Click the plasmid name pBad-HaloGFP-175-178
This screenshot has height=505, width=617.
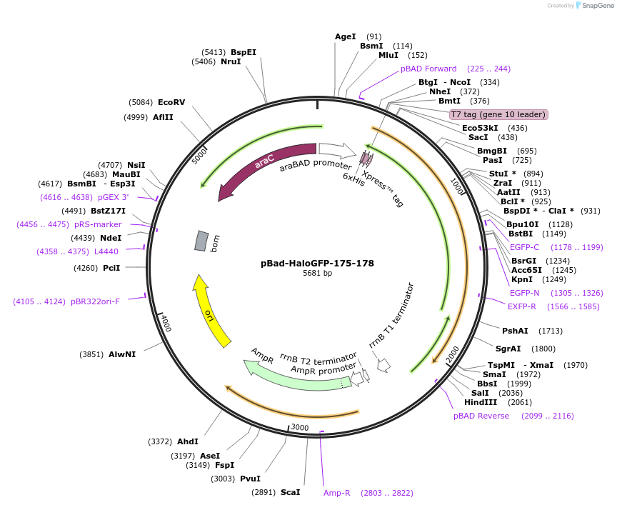pyautogui.click(x=317, y=263)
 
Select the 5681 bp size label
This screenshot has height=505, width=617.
pyautogui.click(x=317, y=274)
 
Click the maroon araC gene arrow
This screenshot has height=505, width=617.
pyautogui.click(x=264, y=167)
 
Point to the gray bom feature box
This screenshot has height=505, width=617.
pyautogui.click(x=202, y=241)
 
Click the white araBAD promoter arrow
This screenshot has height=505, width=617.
pyautogui.click(x=337, y=150)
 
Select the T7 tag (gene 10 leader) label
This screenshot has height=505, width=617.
pyautogui.click(x=498, y=114)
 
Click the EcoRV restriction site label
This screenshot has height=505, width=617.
pyautogui.click(x=171, y=102)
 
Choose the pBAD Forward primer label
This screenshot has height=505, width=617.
pyautogui.click(x=428, y=69)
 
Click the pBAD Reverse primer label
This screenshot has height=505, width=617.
pyautogui.click(x=481, y=416)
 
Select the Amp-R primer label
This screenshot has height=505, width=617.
pyautogui.click(x=337, y=493)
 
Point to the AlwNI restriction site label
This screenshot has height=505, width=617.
pyautogui.click(x=122, y=354)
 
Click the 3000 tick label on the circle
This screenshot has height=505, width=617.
pyautogui.click(x=299, y=427)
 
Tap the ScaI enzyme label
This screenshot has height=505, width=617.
pyautogui.click(x=290, y=492)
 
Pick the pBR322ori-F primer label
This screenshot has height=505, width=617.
pyautogui.click(x=95, y=301)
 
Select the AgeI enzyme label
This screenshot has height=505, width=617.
pyautogui.click(x=345, y=36)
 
